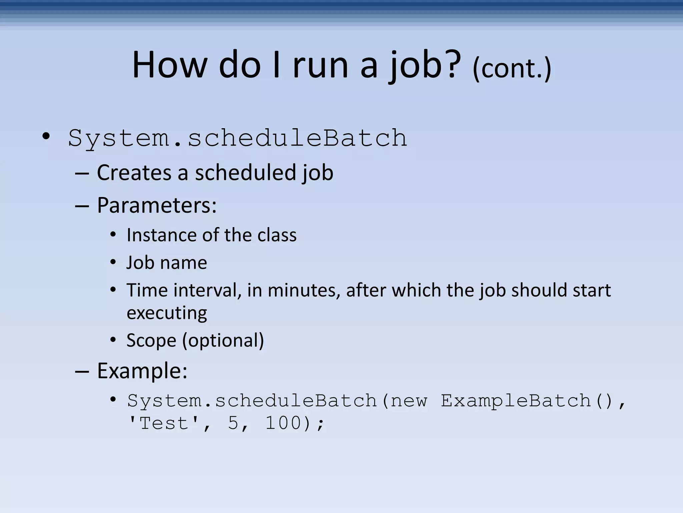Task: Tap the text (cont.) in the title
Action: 512,68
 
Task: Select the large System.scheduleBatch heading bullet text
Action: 237,138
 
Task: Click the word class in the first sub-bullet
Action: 277,235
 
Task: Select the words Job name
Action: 167,263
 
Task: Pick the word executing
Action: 167,313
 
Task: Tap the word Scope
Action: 151,340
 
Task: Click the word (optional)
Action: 223,340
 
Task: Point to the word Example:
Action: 142,371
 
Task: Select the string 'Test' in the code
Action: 163,423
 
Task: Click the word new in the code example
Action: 409,400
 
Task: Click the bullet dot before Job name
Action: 113,263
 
